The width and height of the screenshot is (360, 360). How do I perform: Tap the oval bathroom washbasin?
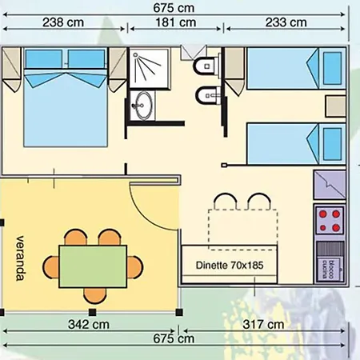pos(145,104)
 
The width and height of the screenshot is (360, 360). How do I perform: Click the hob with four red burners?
pos(330,218)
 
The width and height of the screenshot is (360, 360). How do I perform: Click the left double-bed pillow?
pos(46,59)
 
